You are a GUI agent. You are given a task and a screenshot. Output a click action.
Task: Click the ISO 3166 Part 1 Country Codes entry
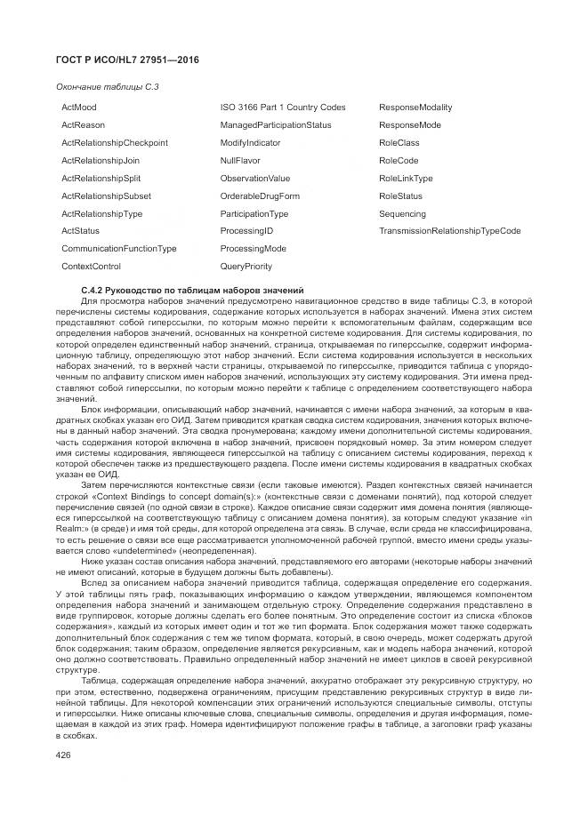pos(282,108)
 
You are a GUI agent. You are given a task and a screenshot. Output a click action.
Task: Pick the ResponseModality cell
pos(415,108)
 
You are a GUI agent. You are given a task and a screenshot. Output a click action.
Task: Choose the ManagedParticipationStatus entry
pos(275,125)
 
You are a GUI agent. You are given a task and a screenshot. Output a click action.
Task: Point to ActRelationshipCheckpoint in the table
pos(115,143)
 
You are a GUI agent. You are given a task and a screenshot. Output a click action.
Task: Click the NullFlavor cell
pos(239,161)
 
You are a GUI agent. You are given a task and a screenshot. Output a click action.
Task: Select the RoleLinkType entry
pos(406,179)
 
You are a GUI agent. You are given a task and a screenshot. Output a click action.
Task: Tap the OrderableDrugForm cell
pos(260,196)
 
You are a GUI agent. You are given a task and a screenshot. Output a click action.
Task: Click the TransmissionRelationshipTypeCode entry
pos(449,231)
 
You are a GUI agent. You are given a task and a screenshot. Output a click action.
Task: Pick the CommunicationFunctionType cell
pos(118,249)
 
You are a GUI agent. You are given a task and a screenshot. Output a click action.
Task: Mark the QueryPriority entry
pos(246,267)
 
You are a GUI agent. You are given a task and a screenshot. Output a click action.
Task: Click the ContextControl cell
pos(91,267)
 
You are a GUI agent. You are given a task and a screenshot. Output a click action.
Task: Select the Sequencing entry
pos(402,214)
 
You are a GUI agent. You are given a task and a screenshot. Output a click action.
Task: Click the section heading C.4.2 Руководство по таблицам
pos(192,291)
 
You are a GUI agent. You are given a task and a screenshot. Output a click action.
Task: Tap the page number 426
pos(64,755)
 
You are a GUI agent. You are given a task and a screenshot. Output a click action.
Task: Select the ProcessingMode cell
pos(253,249)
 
